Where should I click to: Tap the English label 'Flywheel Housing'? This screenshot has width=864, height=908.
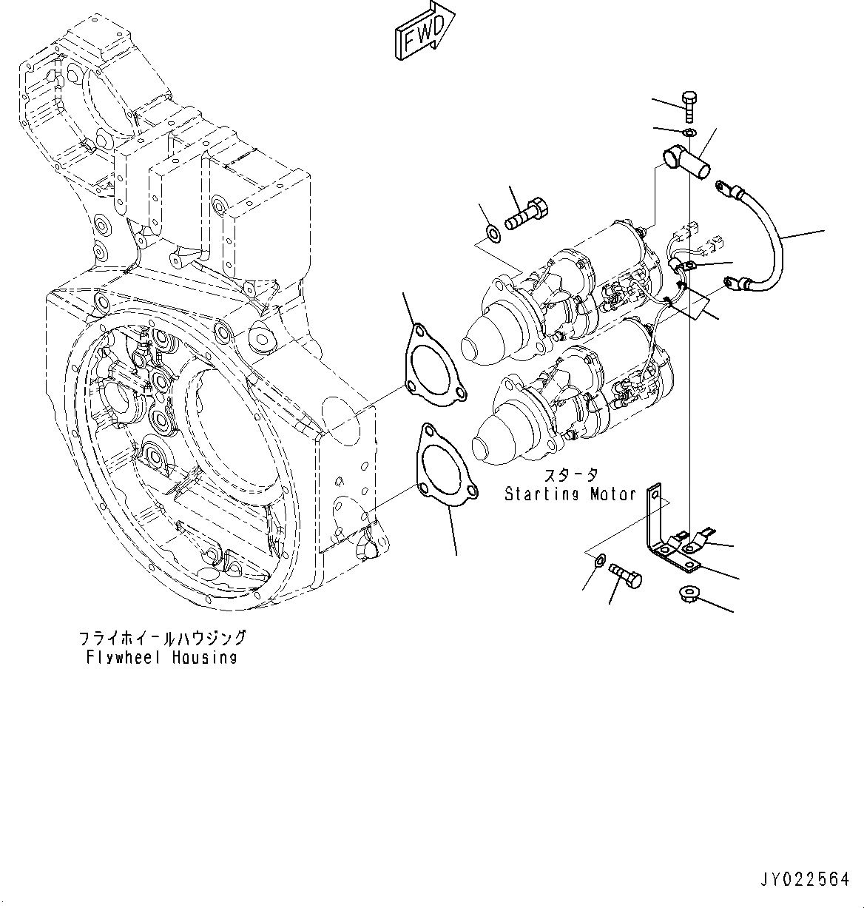click(161, 657)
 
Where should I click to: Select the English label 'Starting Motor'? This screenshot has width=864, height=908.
click(570, 494)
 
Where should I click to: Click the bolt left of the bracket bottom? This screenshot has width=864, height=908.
click(625, 574)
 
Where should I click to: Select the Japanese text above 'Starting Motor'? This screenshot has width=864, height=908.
click(570, 475)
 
